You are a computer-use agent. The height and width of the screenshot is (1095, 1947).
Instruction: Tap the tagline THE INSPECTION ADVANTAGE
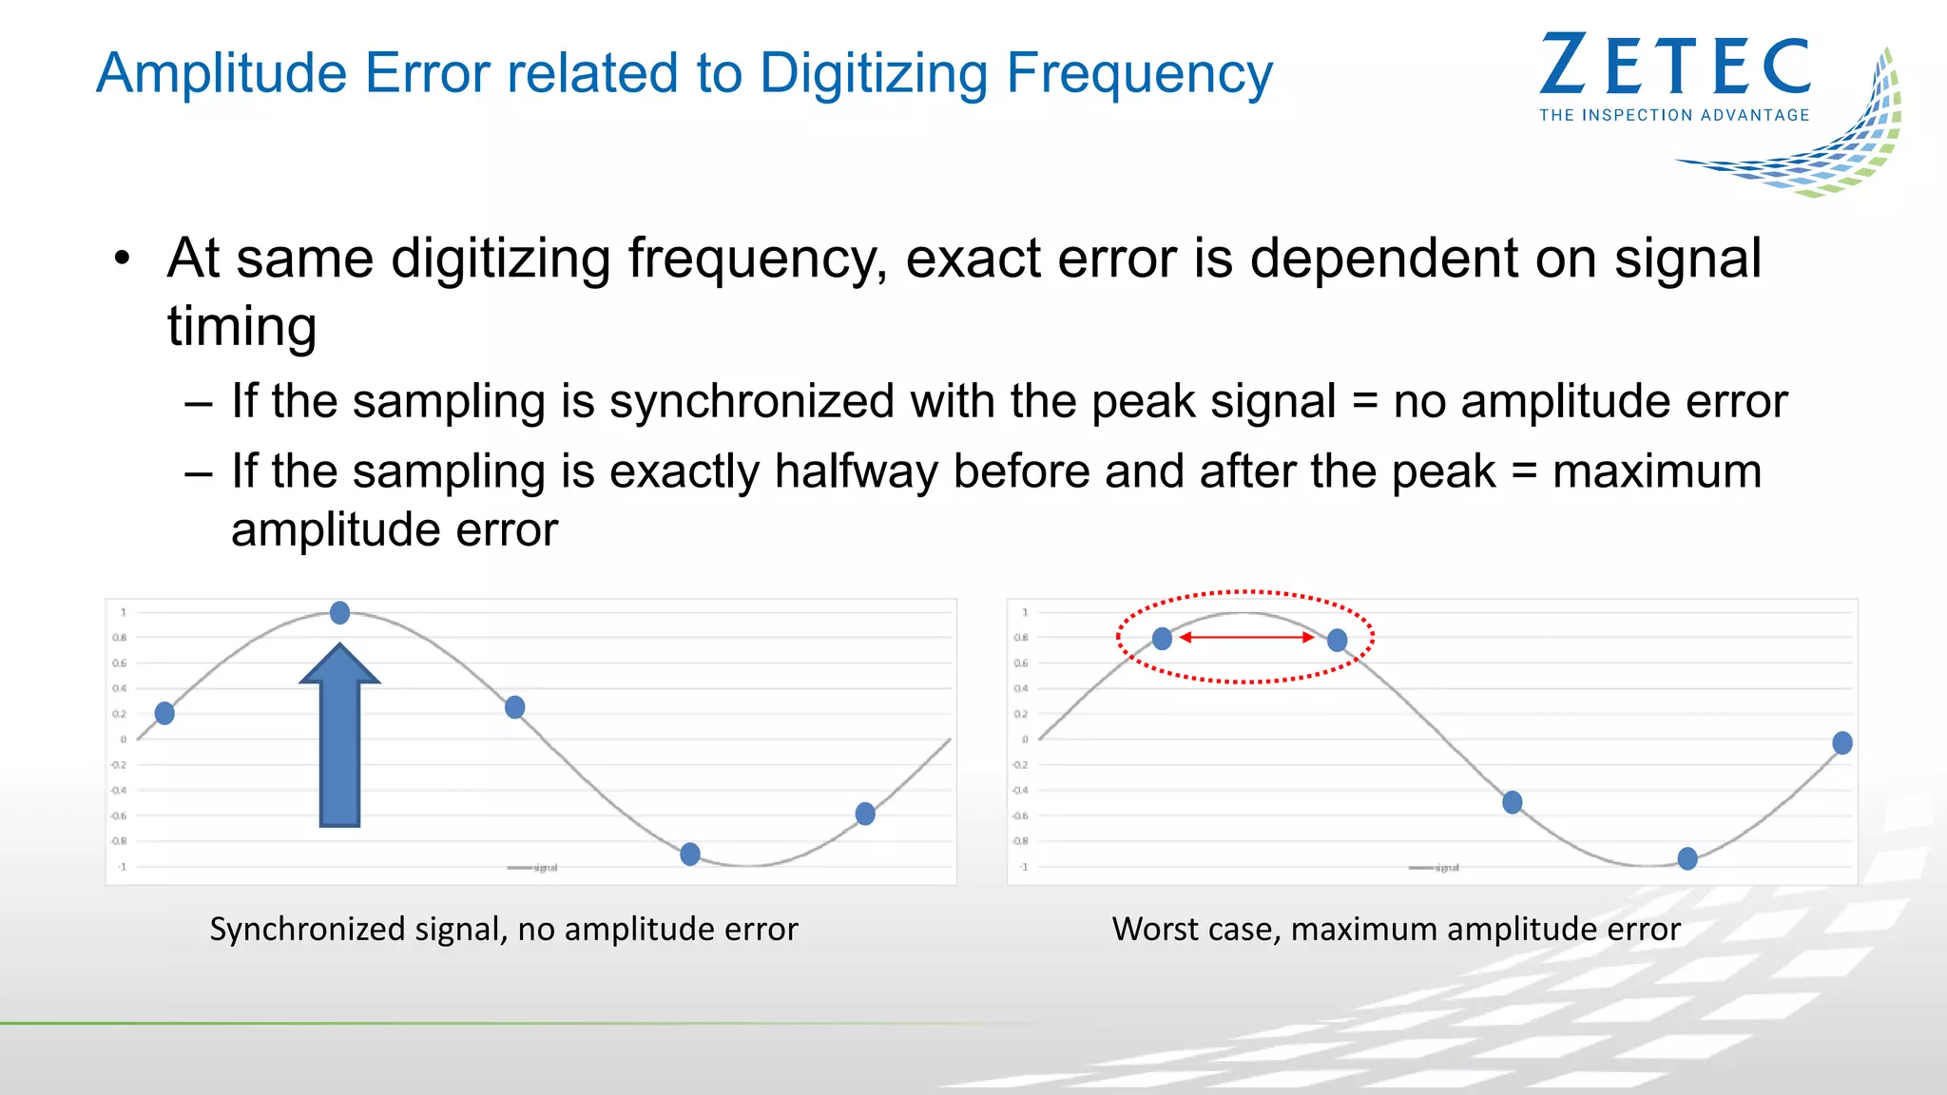point(1674,115)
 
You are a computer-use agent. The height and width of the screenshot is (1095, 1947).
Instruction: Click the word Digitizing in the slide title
point(874,74)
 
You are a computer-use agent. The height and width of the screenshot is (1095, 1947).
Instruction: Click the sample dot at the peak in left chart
point(339,613)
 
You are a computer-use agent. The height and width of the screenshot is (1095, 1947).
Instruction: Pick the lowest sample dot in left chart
point(690,854)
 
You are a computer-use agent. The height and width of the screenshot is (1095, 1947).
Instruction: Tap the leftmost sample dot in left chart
point(164,713)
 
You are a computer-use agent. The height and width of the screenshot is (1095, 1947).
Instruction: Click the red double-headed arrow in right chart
point(1246,637)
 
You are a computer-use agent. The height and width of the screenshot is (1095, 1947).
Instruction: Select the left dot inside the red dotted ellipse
point(1162,639)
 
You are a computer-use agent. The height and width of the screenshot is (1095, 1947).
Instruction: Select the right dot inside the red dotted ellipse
point(1337,640)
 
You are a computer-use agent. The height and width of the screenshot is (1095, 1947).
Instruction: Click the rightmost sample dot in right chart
point(1842,742)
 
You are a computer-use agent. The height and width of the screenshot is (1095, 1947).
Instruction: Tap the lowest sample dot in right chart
point(1687,859)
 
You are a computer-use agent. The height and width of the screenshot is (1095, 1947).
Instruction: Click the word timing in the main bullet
point(241,326)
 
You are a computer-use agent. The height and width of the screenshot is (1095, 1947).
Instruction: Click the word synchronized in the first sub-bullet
point(751,401)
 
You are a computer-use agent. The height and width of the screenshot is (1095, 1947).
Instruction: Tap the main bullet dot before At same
point(121,259)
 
